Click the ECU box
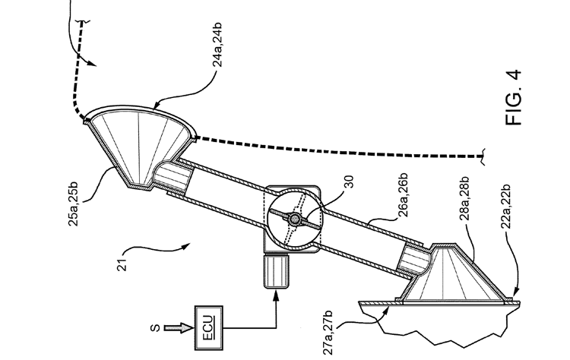(x=209, y=328)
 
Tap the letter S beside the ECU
(x=155, y=328)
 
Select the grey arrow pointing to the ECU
(x=178, y=328)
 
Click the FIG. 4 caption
(x=513, y=98)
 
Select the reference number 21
(x=122, y=265)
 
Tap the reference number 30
(x=348, y=182)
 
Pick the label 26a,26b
(x=403, y=195)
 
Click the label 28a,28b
(x=464, y=199)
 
